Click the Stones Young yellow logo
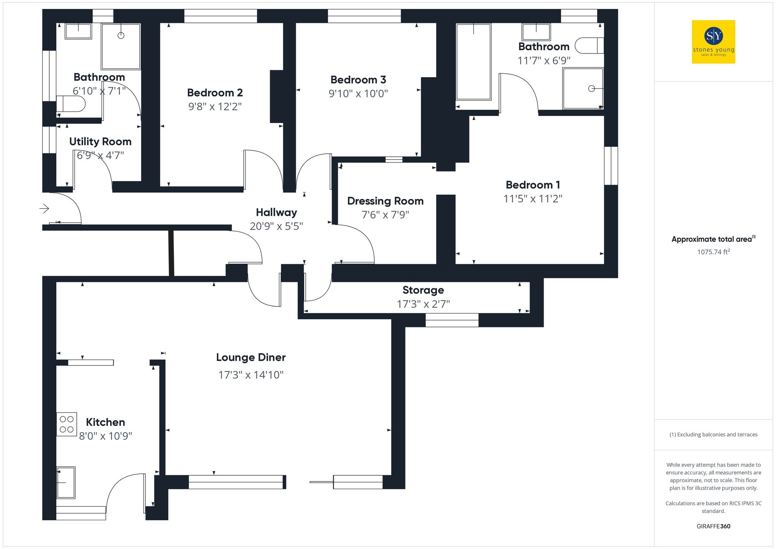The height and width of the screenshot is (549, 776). click(x=713, y=42)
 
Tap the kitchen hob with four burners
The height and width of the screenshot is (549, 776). click(x=66, y=424)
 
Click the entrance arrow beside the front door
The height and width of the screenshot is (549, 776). click(x=44, y=209)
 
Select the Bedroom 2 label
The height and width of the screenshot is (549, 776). click(x=215, y=93)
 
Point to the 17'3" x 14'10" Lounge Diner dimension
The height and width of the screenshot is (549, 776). click(x=251, y=375)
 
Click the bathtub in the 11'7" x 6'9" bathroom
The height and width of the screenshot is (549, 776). click(x=473, y=62)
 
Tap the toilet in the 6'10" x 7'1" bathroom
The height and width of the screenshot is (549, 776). click(x=71, y=104)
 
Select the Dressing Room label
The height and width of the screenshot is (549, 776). click(x=385, y=201)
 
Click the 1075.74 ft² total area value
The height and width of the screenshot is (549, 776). click(x=713, y=252)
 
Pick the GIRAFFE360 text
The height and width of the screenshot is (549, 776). click(x=713, y=526)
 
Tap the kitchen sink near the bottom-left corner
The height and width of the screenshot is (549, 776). click(x=66, y=482)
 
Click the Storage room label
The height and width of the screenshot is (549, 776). click(x=423, y=290)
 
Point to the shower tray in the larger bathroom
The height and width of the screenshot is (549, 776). click(x=583, y=88)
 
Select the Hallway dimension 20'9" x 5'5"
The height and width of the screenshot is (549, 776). click(x=276, y=226)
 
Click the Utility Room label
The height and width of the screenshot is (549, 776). click(x=100, y=142)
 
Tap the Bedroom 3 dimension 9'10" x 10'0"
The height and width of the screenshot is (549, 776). click(x=358, y=94)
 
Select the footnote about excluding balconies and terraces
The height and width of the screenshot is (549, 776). click(x=713, y=435)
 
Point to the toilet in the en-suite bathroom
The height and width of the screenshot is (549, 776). click(x=589, y=45)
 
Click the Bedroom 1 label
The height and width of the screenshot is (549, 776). click(x=532, y=185)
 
